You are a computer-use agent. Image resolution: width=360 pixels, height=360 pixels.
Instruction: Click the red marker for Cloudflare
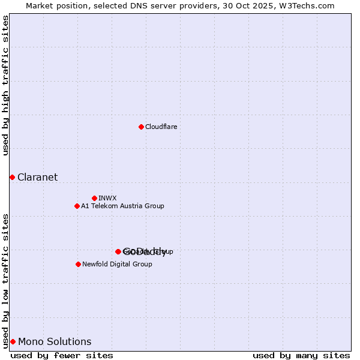coord(141,127)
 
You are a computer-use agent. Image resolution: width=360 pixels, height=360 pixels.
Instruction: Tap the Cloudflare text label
coord(161,127)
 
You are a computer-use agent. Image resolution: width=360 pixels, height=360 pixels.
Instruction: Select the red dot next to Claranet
coord(12,177)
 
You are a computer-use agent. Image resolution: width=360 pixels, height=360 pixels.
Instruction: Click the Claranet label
coord(37,177)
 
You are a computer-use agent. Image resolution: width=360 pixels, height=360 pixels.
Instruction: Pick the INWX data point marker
coord(94,198)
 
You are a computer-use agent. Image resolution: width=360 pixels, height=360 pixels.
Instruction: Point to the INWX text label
coord(107,198)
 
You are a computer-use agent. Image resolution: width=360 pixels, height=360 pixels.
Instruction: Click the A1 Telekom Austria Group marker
coord(77,206)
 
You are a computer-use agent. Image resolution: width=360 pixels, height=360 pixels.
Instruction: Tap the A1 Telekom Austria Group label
coord(122,206)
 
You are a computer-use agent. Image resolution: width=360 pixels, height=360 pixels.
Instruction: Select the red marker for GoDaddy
coord(118,251)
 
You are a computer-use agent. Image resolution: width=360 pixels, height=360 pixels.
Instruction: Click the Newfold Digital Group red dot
coord(78,264)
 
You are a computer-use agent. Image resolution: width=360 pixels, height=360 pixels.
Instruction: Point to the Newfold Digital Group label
coord(117,264)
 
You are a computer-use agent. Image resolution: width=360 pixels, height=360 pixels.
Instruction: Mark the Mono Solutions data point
coord(13,341)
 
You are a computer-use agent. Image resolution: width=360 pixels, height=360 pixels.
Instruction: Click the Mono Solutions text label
coord(55,342)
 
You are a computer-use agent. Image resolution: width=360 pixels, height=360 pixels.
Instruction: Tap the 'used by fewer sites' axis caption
coord(62,355)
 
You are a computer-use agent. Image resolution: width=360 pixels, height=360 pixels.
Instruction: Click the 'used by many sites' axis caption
coord(301,355)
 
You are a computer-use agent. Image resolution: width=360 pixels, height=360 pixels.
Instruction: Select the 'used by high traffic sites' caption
coord(6,85)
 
